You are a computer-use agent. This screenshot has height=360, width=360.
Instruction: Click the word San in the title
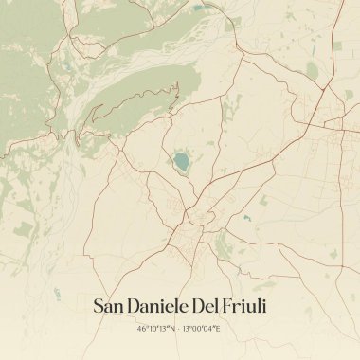113,306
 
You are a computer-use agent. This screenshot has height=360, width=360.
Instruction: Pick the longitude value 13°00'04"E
201,329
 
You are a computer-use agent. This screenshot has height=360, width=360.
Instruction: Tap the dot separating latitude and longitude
178,329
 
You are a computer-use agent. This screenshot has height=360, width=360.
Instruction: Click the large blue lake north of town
181,163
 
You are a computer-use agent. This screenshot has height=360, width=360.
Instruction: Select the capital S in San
99,306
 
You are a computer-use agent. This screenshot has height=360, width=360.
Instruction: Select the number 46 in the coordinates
140,329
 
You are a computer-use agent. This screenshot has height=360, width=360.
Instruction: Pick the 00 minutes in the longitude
197,329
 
